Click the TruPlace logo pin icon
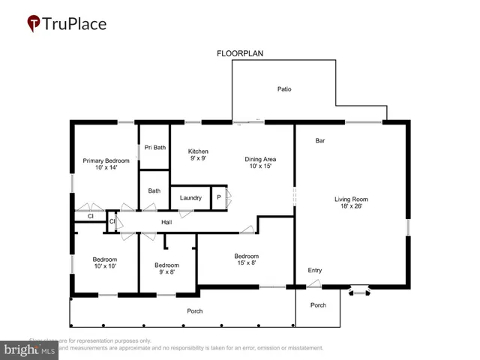34,24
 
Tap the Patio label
283,89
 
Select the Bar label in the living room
319,140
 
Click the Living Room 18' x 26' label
351,202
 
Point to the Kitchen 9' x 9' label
198,155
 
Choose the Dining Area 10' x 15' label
260,162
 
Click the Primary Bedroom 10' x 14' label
106,164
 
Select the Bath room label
154,191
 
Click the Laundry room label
190,198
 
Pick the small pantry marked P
218,198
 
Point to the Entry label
315,270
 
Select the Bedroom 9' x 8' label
166,268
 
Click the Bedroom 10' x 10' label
104,263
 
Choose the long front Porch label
194,310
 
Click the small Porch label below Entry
318,305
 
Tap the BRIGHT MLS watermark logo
30,349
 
